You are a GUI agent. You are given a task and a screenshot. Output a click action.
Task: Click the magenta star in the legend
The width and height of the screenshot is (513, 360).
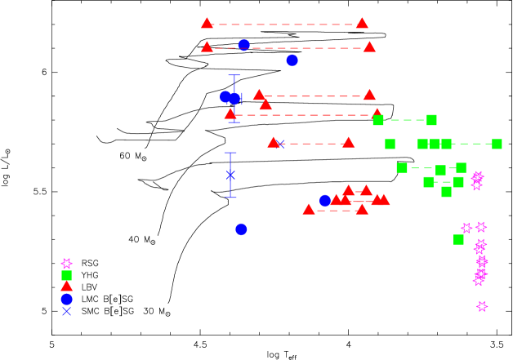(66, 264)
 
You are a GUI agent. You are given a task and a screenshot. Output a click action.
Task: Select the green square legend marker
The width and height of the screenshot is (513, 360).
(66, 275)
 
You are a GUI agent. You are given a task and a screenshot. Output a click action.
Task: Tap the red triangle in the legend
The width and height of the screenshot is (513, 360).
(66, 287)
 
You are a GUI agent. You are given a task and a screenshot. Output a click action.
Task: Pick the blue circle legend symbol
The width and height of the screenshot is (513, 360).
(66, 299)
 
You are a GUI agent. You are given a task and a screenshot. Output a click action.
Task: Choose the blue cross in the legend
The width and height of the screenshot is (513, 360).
(66, 311)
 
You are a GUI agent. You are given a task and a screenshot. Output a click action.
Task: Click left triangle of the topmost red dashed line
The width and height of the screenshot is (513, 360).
(207, 24)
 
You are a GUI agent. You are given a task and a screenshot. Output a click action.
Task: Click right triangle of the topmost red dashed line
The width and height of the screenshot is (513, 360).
(362, 24)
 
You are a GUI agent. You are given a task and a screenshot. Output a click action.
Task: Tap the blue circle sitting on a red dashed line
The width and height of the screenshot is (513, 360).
(243, 45)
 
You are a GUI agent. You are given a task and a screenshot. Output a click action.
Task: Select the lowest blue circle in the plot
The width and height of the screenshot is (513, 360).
(241, 229)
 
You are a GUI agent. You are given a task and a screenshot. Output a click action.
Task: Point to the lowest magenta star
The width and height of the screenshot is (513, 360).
(482, 306)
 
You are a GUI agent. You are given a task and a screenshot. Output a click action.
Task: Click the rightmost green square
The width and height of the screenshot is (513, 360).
(497, 144)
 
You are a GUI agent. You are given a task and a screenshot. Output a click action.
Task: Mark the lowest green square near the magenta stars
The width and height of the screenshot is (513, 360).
(458, 239)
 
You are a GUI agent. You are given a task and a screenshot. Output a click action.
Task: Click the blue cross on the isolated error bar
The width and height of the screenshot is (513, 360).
(230, 175)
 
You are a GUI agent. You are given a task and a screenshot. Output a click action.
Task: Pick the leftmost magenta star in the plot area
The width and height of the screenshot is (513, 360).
(466, 228)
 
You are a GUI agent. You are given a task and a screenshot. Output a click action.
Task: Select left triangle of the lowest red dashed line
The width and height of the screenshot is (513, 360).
(308, 210)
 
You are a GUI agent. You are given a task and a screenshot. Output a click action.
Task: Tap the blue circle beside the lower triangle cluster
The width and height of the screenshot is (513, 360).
(325, 200)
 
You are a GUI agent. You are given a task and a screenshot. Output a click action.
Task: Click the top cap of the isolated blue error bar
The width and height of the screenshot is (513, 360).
(230, 153)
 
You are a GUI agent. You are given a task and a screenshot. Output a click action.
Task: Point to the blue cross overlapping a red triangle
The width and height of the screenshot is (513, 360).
(280, 144)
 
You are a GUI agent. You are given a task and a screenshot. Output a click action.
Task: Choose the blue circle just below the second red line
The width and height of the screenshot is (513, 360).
(292, 60)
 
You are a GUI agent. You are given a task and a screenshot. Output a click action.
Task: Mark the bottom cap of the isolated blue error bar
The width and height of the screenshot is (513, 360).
(230, 198)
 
